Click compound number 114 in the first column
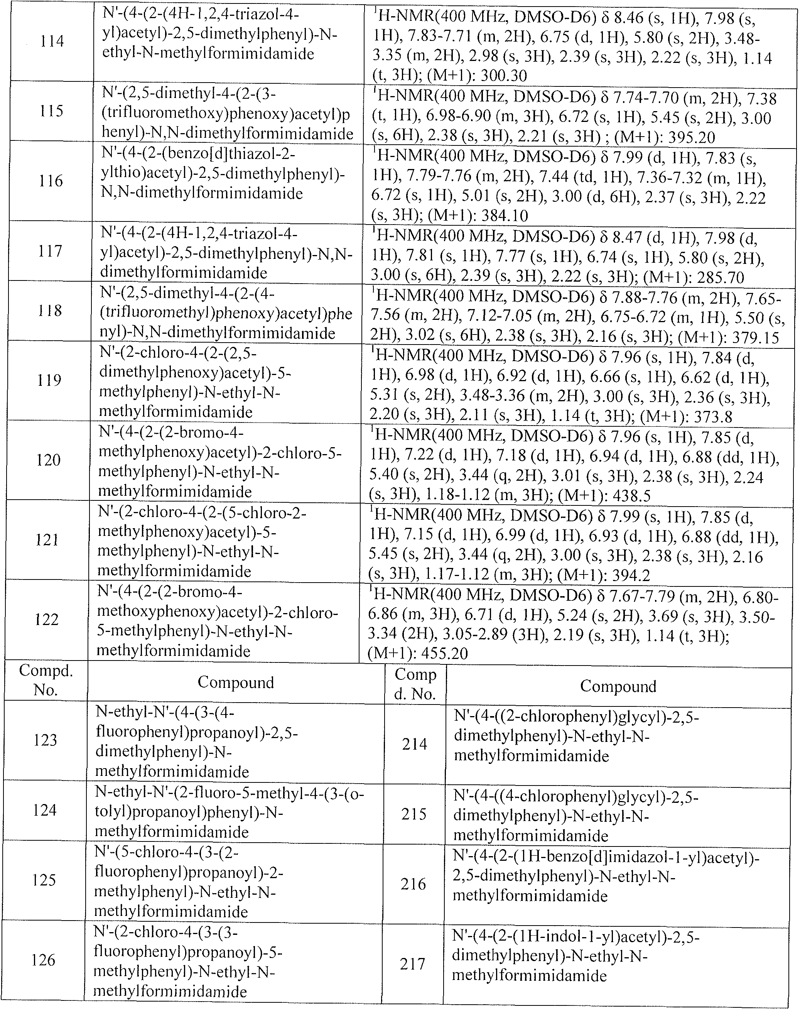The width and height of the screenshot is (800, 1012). (52, 42)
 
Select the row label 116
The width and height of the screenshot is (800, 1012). (51, 181)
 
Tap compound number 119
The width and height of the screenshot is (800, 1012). (49, 380)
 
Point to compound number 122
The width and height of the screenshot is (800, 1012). (47, 619)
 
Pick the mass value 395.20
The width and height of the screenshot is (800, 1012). (687, 137)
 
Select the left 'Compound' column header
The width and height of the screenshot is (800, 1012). (236, 682)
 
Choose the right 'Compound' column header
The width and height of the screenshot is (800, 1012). (618, 686)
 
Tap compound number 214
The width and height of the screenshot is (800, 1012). (415, 744)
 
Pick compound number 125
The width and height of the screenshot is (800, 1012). (44, 880)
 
